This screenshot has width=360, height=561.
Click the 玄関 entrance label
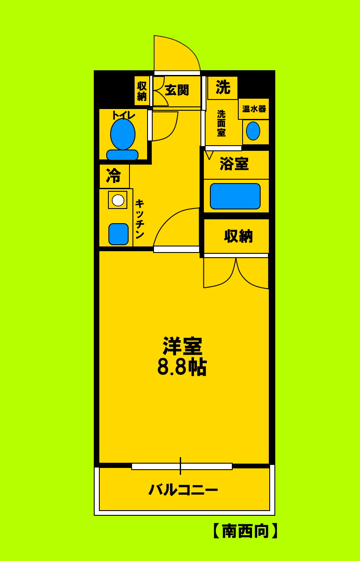[x=177, y=90]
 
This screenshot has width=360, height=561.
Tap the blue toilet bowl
[x=123, y=134]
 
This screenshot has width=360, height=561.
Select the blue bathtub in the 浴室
[x=235, y=196]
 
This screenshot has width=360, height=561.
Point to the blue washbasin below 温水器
[x=253, y=131]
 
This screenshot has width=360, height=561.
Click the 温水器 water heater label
[x=254, y=109]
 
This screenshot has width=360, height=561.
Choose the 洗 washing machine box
[x=223, y=87]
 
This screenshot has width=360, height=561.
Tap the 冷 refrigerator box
[x=114, y=176]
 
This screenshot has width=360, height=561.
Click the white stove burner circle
[x=118, y=200]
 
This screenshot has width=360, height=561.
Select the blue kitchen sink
[x=118, y=234]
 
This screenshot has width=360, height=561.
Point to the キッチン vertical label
[x=139, y=219]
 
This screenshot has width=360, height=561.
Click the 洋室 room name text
[x=182, y=346]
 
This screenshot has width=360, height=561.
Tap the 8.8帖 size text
[x=182, y=367]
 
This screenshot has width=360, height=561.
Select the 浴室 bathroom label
[x=234, y=164]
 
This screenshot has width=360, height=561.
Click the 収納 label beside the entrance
[x=142, y=91]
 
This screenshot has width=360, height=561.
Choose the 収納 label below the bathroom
[x=238, y=236]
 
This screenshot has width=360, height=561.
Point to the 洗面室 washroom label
[x=221, y=123]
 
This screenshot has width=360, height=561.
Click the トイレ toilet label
[x=123, y=115]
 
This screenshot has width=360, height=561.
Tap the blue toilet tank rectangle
[x=122, y=155]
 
